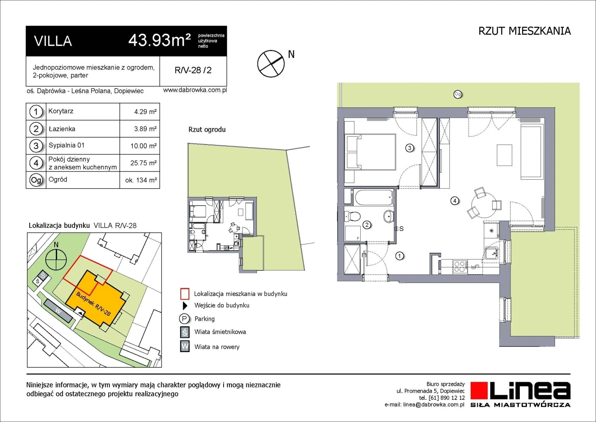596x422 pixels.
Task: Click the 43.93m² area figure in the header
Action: [x=160, y=41]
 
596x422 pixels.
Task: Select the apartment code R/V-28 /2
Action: [x=193, y=70]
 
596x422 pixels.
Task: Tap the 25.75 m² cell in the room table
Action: [x=143, y=163]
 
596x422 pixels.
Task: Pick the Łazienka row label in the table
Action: [x=62, y=129]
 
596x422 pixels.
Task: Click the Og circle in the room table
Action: [x=36, y=181]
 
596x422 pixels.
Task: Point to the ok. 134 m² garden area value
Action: [x=141, y=180]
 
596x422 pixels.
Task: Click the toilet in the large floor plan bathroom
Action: [x=352, y=216]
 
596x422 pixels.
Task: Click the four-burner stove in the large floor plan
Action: [x=460, y=266]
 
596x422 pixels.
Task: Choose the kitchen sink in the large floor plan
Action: [x=491, y=253]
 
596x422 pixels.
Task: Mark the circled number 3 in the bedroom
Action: [x=409, y=148]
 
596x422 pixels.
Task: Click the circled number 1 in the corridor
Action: [x=399, y=256]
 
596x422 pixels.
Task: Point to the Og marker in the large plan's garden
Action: [x=458, y=94]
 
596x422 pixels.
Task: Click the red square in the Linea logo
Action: [x=479, y=391]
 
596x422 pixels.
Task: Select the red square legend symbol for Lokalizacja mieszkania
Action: [x=185, y=294]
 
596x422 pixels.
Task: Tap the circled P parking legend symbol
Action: [x=184, y=318]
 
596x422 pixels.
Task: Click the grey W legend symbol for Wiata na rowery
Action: [x=185, y=346]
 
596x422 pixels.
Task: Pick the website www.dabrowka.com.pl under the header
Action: [x=195, y=90]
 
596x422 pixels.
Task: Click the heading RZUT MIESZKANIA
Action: [x=525, y=31]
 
